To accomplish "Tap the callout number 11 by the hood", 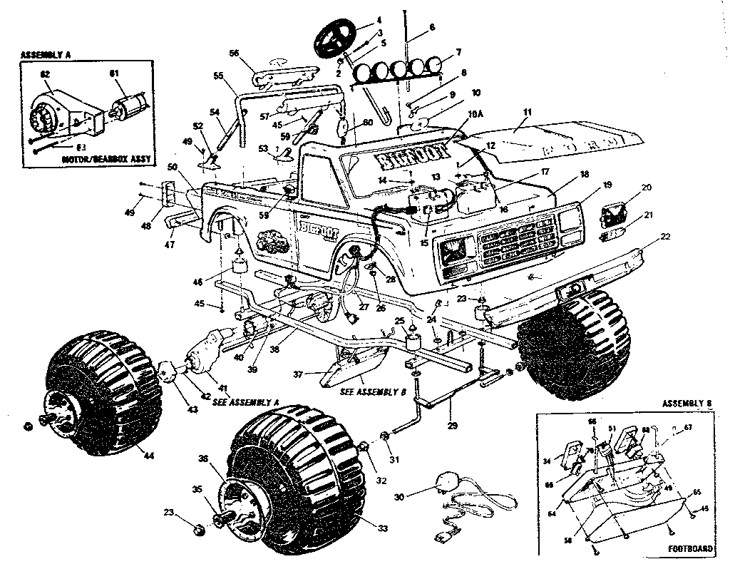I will coord(528,113).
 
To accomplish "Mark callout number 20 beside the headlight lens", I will coord(647,188).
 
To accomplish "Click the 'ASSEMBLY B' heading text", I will coord(688,404).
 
